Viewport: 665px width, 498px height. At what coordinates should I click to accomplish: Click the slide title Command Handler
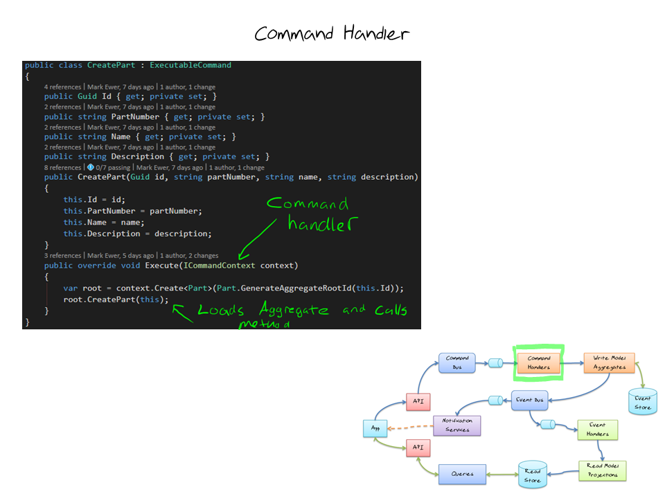332,33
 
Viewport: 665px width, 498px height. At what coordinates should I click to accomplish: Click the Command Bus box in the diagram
457,362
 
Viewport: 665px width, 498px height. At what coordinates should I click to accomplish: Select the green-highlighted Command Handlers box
539,362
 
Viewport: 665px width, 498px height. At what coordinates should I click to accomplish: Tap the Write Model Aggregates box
610,362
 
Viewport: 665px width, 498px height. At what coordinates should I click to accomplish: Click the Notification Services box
457,425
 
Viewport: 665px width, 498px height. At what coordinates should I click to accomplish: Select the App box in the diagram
375,429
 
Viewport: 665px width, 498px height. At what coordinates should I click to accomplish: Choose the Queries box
462,474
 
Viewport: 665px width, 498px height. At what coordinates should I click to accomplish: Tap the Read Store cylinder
532,474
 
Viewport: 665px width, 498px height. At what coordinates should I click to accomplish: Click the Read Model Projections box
602,470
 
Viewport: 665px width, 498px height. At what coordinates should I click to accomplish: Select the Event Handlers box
597,430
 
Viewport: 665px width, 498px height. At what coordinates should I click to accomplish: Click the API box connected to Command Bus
418,401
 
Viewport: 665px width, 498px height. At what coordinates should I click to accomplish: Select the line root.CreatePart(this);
116,299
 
